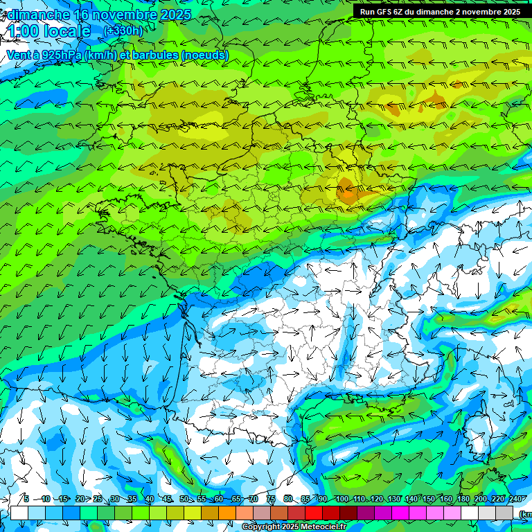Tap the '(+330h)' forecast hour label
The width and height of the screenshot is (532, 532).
tap(123, 31)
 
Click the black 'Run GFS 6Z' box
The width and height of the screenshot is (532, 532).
tap(441, 12)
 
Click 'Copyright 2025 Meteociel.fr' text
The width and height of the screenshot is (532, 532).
tap(294, 527)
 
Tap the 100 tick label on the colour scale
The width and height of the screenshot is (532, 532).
tap(342, 499)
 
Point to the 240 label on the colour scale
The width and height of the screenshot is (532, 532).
tap(515, 499)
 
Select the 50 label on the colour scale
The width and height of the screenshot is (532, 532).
tap(184, 499)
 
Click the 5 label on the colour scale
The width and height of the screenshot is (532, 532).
tap(26, 499)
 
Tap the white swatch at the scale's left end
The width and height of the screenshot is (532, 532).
tap(19, 513)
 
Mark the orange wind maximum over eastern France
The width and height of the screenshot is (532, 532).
tap(346, 189)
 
